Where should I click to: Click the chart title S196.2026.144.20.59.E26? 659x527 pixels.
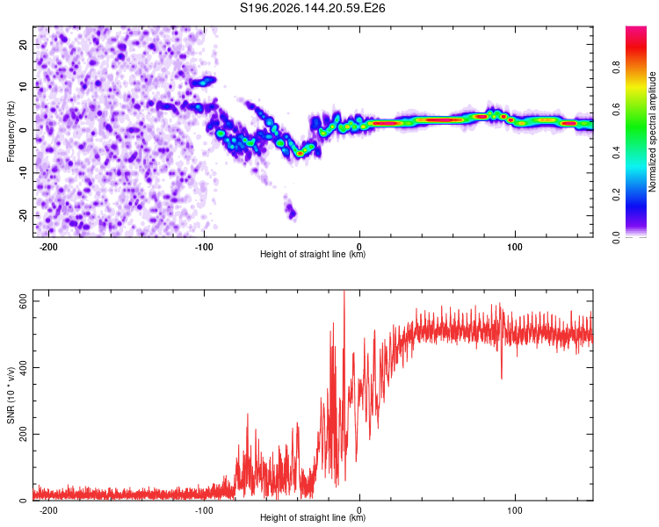(x=312, y=8)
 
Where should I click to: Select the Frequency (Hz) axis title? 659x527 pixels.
(x=11, y=132)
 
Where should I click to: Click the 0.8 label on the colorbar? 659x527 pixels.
(x=616, y=68)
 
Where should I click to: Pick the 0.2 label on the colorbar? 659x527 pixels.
(x=616, y=195)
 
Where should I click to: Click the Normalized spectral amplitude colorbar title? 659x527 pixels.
(x=652, y=132)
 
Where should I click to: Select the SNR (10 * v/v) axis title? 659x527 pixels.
(x=11, y=395)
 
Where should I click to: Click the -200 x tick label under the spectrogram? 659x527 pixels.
(x=48, y=247)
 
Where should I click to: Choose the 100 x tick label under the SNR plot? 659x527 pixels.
(x=514, y=510)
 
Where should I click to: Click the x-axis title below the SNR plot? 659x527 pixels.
(x=313, y=517)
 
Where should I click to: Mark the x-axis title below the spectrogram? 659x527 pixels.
(x=313, y=254)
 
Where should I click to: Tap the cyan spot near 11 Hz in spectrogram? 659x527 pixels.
(x=204, y=83)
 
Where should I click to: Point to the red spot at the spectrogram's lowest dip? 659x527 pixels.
(x=300, y=154)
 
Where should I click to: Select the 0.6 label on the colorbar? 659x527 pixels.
(x=616, y=110)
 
